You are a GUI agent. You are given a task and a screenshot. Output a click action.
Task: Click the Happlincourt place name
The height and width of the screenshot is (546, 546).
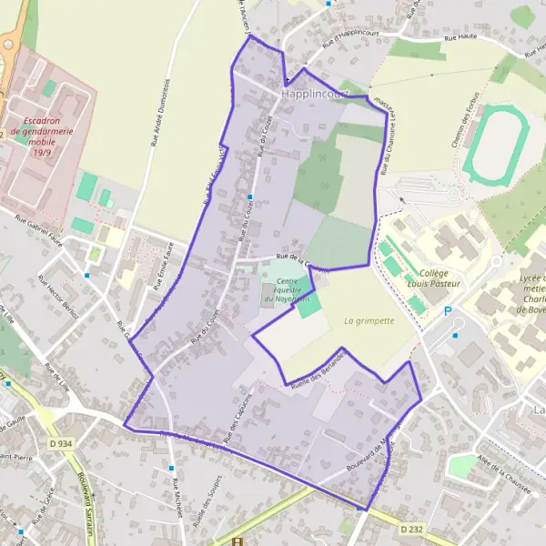pyautogui.click(x=315, y=94)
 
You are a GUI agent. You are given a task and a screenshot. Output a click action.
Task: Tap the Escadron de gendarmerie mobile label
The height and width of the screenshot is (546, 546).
pyautogui.click(x=42, y=136)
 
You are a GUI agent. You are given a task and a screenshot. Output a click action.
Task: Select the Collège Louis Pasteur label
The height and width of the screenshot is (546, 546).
pyautogui.click(x=440, y=278)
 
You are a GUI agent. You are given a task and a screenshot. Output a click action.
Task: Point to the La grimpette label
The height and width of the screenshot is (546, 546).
pyautogui.click(x=369, y=320)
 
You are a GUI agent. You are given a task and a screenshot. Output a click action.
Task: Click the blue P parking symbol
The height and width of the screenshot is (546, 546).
pyautogui.click(x=447, y=312)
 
